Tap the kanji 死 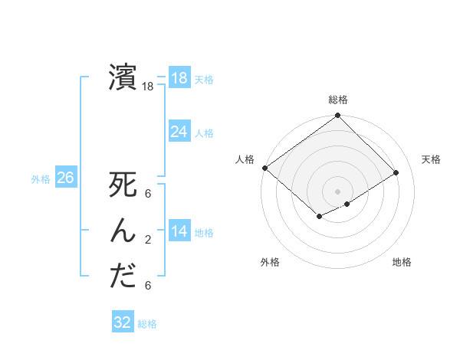click(x=123, y=186)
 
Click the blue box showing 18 click(x=179, y=77)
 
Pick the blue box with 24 click(x=179, y=132)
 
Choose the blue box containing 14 click(x=179, y=231)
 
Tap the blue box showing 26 click(x=65, y=178)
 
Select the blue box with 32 click(x=123, y=322)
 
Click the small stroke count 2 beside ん click(x=147, y=240)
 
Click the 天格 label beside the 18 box click(x=205, y=79)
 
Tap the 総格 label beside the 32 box click(x=148, y=324)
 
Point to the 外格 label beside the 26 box click(x=41, y=179)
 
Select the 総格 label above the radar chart click(x=338, y=100)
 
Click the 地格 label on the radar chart click(x=402, y=263)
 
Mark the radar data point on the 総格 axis click(x=337, y=116)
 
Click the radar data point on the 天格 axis click(x=396, y=173)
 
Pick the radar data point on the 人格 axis click(x=264, y=168)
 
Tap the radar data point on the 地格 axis click(x=347, y=204)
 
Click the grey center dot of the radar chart click(x=337, y=191)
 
